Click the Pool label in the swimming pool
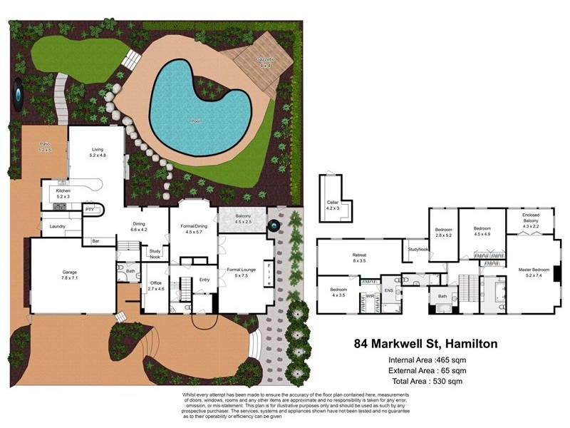point(195,121)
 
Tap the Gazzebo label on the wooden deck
point(265,62)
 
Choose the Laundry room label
point(57,227)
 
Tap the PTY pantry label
point(90,210)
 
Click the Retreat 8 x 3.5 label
point(359,258)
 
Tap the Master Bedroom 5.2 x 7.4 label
point(534,272)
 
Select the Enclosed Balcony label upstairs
point(530,220)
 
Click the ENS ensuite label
point(389,291)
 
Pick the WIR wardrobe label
point(370,295)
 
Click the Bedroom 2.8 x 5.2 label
point(444,232)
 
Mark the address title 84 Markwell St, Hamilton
point(425,344)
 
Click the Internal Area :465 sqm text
point(427,360)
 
